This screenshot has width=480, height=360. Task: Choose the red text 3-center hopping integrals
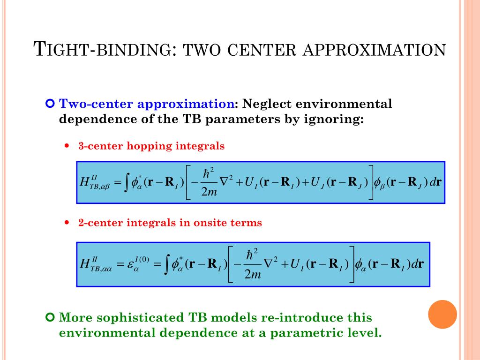click(x=151, y=146)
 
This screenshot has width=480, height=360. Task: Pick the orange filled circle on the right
click(x=442, y=314)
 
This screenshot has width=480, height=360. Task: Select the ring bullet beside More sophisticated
click(x=51, y=318)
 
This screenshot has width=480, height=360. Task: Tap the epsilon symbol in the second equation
click(x=132, y=265)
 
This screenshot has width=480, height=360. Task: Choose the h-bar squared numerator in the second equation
click(x=253, y=255)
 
